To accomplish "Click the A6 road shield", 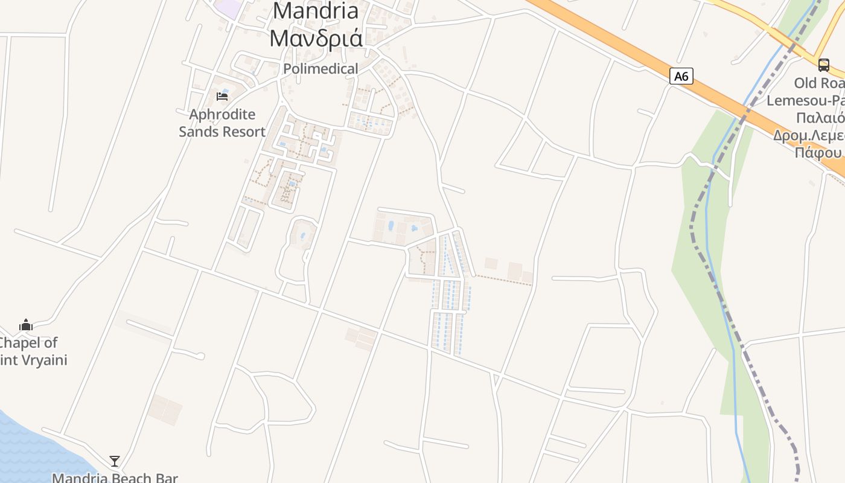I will point(681,76).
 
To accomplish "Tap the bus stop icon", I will point(823,65).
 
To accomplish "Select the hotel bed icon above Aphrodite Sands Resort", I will point(222,96).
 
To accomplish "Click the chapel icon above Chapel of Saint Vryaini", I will point(25,325).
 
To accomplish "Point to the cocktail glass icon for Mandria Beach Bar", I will point(115,461).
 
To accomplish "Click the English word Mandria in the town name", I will point(316,10).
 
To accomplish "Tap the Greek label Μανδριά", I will point(316,37).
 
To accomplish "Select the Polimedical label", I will point(320,69).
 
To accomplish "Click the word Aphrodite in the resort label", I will point(222,115).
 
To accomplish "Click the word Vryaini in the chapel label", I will point(45,360).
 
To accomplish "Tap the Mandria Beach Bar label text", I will point(115,478).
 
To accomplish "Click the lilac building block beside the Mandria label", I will point(228,8).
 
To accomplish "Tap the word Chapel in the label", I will point(28,343).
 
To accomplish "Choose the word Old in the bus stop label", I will point(806,83).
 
